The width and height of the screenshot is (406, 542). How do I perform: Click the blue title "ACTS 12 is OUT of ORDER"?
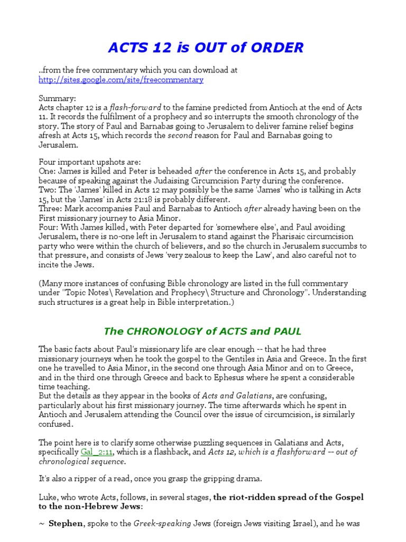[x=206, y=48]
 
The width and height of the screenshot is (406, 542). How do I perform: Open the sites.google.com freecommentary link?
[x=121, y=80]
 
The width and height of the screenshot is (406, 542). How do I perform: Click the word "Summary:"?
[x=57, y=98]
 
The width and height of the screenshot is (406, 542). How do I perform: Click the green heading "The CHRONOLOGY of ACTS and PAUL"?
[x=202, y=331]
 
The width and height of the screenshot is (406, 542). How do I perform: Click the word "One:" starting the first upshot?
[x=47, y=171]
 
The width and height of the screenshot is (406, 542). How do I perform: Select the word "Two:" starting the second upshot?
[x=47, y=190]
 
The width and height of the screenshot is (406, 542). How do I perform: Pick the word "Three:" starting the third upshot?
[x=50, y=209]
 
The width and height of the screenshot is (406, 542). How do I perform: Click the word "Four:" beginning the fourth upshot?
[x=48, y=227]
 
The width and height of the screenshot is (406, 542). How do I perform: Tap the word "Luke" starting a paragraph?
[x=48, y=497]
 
